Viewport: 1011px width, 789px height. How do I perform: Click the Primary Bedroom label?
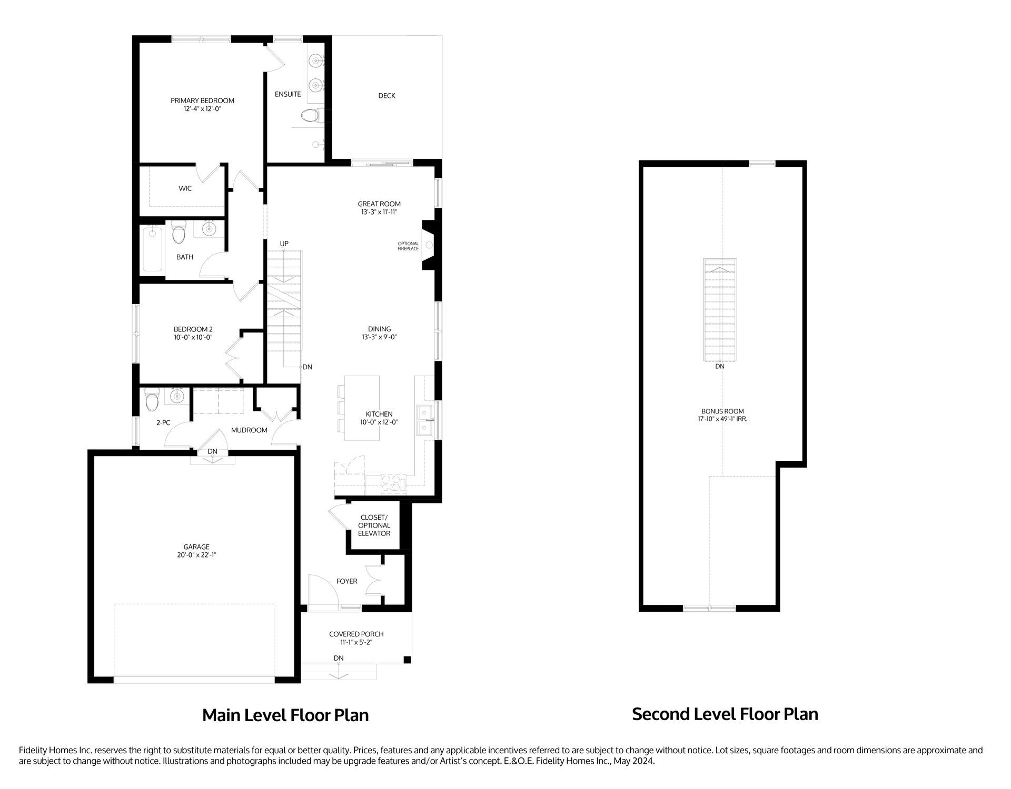[x=202, y=100]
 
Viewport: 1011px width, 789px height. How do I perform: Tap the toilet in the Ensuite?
[x=310, y=115]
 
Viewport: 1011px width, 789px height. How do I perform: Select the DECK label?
[x=386, y=96]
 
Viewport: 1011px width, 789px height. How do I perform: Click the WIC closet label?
[x=185, y=188]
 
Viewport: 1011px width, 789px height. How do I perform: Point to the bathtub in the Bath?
[x=152, y=248]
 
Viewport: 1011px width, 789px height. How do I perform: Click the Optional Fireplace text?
[x=408, y=246]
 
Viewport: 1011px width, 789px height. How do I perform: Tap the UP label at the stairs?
[x=284, y=244]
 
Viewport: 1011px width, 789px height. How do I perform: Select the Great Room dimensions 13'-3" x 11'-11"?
[x=379, y=212]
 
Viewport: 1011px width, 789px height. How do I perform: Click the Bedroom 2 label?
[x=193, y=329]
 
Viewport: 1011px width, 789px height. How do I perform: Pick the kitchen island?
[x=362, y=408]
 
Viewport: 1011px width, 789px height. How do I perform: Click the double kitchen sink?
[x=425, y=421]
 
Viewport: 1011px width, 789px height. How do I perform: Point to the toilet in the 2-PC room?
[x=152, y=401]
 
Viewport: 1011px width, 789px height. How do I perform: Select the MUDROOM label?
[x=249, y=430]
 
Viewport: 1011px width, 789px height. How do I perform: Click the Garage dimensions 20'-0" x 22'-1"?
[x=196, y=555]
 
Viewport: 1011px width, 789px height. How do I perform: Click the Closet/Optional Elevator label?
[x=374, y=525]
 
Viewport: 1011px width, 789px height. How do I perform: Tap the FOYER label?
[x=346, y=581]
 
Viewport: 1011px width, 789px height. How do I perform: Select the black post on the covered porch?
[x=407, y=660]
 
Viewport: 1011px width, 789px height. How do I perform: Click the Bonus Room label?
[x=722, y=411]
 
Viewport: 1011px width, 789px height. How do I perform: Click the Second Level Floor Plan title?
[x=725, y=714]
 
